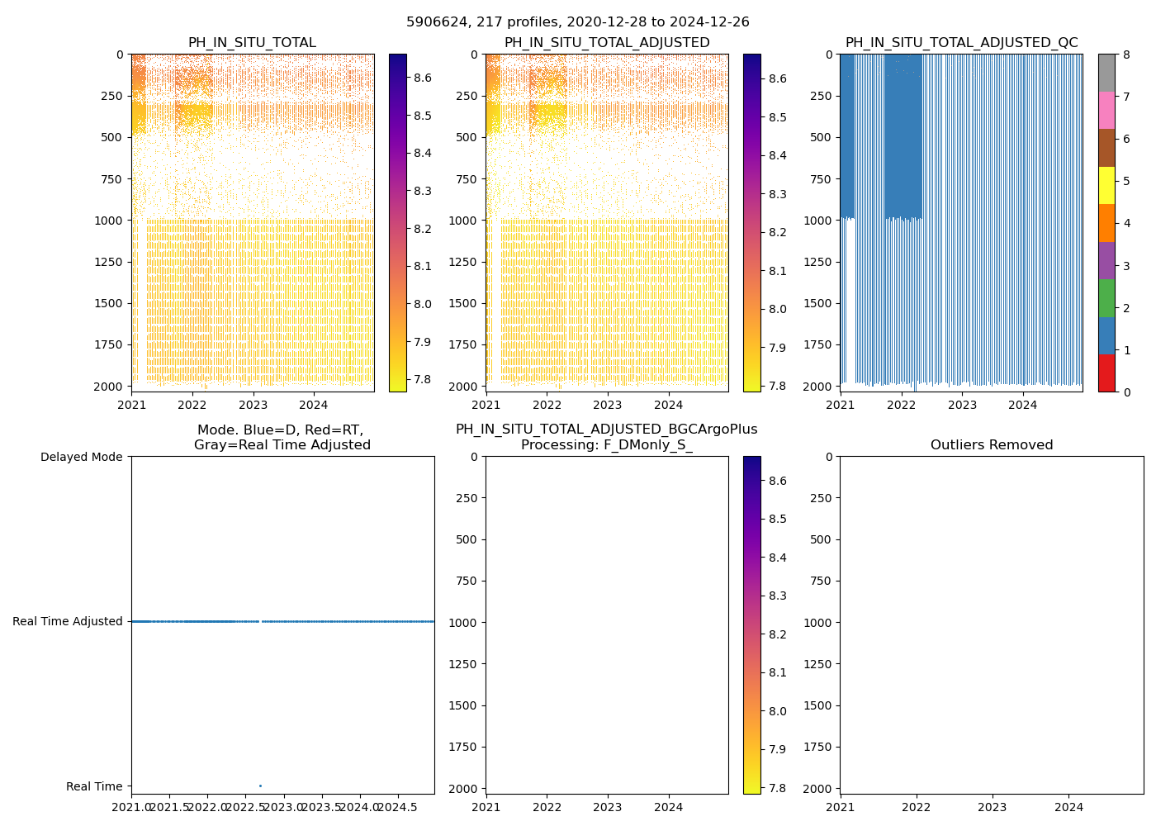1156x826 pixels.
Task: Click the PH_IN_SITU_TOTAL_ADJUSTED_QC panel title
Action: coord(961,43)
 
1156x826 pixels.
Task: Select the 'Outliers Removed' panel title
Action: coord(992,445)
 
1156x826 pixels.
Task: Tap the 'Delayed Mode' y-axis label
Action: coord(81,457)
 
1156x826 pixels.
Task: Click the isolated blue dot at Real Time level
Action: coord(260,786)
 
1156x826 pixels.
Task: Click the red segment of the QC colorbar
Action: coord(1106,373)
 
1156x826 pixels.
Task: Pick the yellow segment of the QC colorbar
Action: coord(1106,185)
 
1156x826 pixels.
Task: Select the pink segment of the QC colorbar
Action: coord(1106,110)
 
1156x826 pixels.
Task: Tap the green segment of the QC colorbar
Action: coord(1106,297)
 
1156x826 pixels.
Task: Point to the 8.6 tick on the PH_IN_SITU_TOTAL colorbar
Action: coord(423,78)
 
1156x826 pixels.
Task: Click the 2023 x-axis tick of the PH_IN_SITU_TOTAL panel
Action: coord(253,405)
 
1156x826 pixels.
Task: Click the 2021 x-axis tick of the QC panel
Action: coord(841,405)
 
